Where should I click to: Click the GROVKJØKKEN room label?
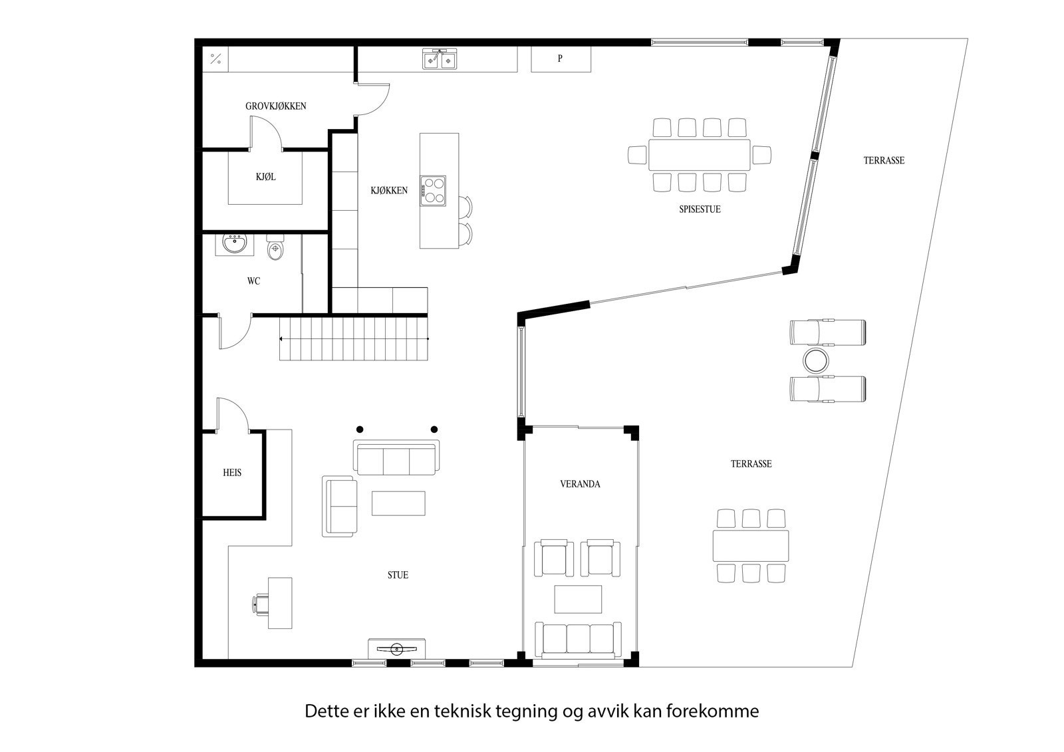click(275, 106)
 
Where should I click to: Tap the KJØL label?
click(265, 177)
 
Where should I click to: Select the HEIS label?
click(232, 473)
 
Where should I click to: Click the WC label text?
click(253, 281)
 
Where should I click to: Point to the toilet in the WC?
click(275, 249)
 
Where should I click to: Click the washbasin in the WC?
click(233, 245)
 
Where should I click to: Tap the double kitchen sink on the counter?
click(440, 60)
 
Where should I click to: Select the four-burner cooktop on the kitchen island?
click(433, 189)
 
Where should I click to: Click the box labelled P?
click(561, 59)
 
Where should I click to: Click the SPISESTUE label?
click(700, 209)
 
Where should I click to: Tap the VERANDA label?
click(580, 484)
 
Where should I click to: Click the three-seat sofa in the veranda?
click(578, 639)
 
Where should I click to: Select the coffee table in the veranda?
click(578, 598)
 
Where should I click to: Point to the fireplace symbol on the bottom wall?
click(397, 648)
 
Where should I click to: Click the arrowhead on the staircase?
click(282, 339)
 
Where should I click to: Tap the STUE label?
click(398, 575)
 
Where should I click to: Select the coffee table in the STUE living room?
click(398, 503)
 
